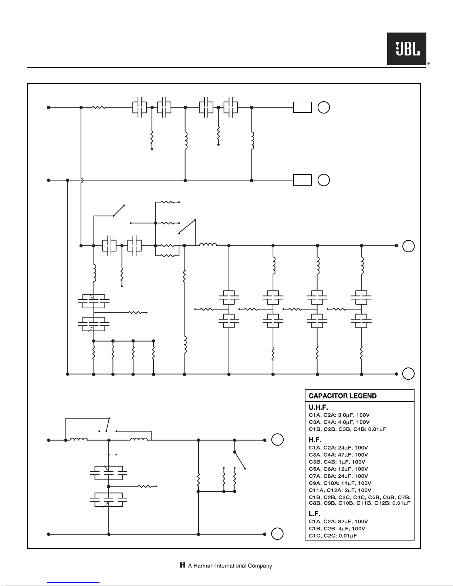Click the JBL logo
pyautogui.click(x=407, y=48)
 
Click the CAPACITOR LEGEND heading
pyautogui.click(x=342, y=396)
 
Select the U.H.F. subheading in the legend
pyautogui.click(x=318, y=407)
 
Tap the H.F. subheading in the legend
pyautogui.click(x=315, y=440)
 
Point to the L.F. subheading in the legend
pyautogui.click(x=314, y=514)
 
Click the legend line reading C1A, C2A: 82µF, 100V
pyautogui.click(x=338, y=522)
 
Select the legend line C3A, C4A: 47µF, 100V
pyautogui.click(x=338, y=455)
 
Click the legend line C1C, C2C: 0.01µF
pyautogui.click(x=333, y=536)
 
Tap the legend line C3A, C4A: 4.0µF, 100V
pyautogui.click(x=339, y=422)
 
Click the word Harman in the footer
pyautogui.click(x=203, y=566)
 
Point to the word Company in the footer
pyautogui.click(x=260, y=566)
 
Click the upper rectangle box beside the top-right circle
pyautogui.click(x=302, y=107)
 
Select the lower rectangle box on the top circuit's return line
pyautogui.click(x=302, y=180)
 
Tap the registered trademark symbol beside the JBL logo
pyautogui.click(x=428, y=64)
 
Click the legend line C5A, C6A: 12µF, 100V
pyautogui.click(x=338, y=469)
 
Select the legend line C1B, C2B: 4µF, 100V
pyautogui.click(x=337, y=529)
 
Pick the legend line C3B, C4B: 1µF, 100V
pyautogui.click(x=337, y=462)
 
